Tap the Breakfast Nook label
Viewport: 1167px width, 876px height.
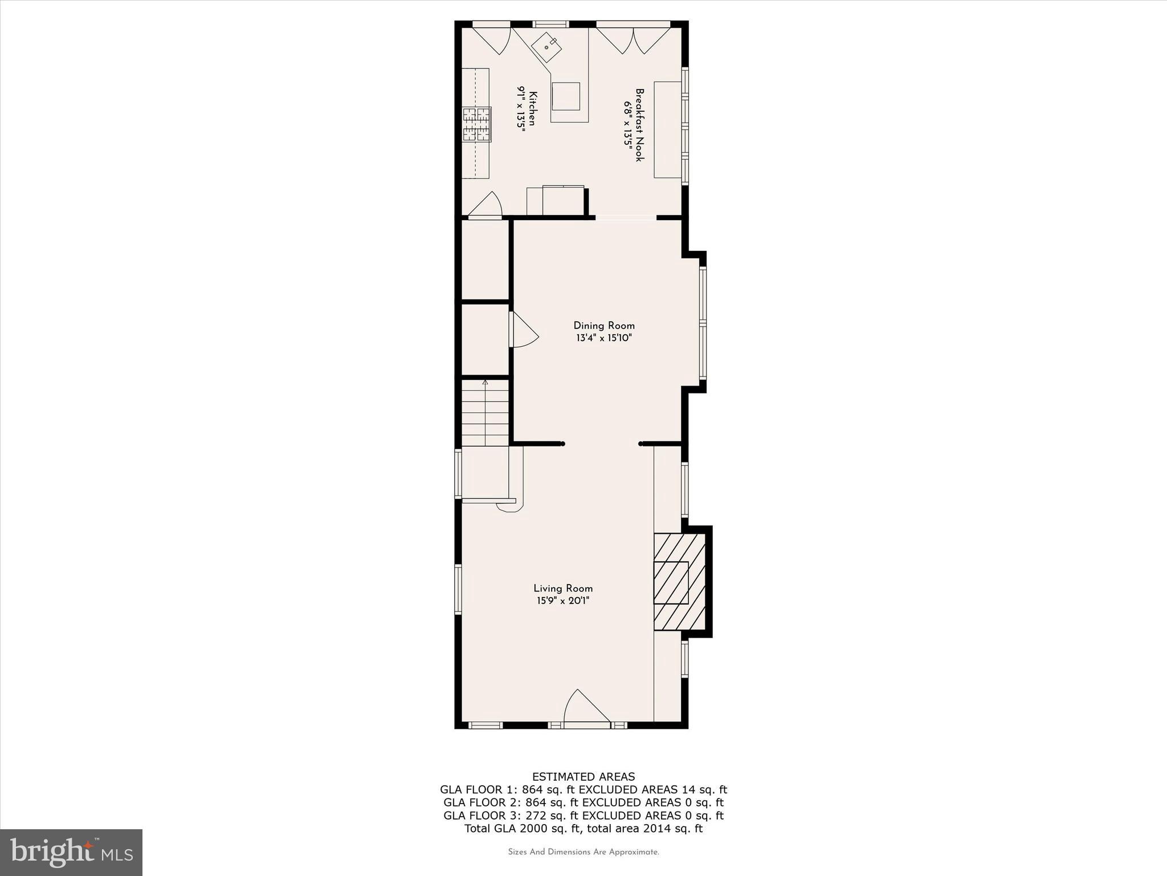tap(639, 124)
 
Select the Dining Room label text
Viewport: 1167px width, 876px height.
tap(603, 326)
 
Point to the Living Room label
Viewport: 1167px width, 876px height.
tap(563, 589)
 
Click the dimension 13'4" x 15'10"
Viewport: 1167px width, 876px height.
tap(603, 338)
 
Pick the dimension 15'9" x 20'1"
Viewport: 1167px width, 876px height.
tap(563, 601)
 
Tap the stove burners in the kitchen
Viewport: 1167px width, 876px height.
tap(476, 124)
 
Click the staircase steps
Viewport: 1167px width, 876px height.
tap(485, 413)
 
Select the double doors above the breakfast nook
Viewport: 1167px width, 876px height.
tap(633, 39)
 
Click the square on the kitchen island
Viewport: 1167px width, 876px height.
tap(565, 96)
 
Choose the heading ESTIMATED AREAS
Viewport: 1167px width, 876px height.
tap(583, 777)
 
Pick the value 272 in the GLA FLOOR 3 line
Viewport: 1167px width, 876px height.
tap(534, 816)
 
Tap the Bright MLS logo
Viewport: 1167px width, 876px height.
tap(71, 853)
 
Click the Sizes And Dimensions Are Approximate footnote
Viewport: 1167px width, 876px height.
tap(583, 852)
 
